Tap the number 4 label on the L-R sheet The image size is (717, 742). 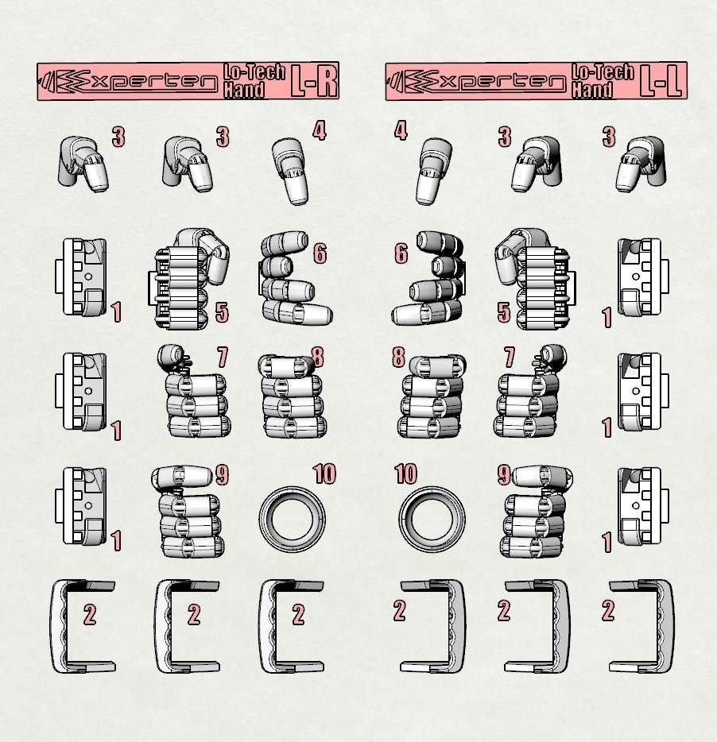[x=320, y=130]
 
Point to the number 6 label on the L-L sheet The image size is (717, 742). [x=401, y=254]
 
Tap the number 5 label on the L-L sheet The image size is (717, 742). [x=503, y=312]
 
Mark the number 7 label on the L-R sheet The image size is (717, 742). [x=222, y=357]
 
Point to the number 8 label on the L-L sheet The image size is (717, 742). [x=398, y=357]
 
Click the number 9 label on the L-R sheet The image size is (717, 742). [x=222, y=475]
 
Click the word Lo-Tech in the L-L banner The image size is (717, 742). [x=603, y=72]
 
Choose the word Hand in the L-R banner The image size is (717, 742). [x=243, y=90]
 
